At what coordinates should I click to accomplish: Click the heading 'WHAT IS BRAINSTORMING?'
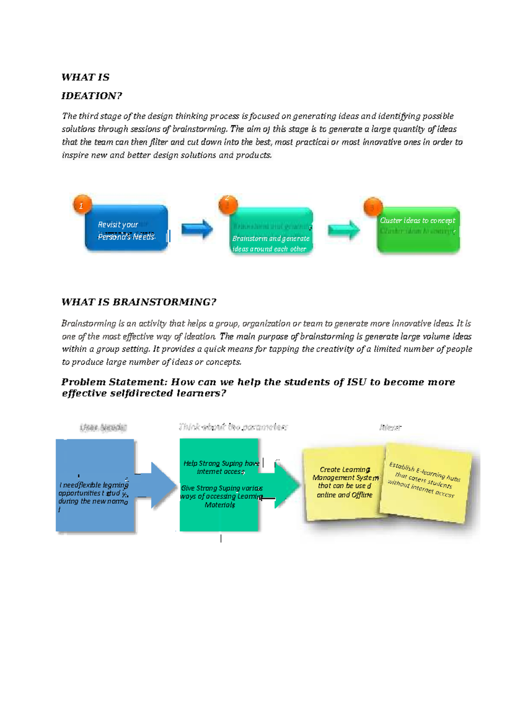pos(139,302)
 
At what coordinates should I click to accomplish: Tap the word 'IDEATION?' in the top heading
pos(92,96)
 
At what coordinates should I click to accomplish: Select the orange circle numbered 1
pos(82,206)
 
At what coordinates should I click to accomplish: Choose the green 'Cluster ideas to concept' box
pos(418,231)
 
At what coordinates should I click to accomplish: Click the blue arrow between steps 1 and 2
pos(197,229)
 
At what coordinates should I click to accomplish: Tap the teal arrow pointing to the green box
pos(343,230)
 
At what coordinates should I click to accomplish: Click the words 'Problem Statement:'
pos(114,382)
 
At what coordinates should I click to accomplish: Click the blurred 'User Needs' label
pos(103,427)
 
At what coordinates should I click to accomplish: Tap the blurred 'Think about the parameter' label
pos(233,427)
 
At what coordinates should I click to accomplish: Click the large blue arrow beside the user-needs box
pos(160,485)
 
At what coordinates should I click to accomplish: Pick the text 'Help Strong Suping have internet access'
pos(221,467)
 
